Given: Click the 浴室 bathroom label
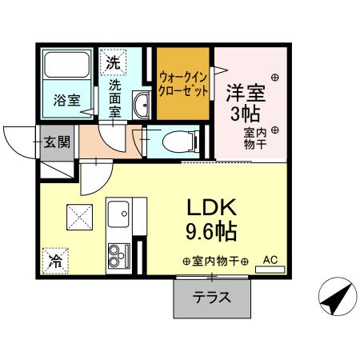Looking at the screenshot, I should click(x=66, y=101).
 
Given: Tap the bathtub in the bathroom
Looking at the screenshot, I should click(x=66, y=66).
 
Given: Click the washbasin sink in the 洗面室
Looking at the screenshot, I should click(x=142, y=104).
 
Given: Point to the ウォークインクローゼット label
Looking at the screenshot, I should click(x=183, y=84).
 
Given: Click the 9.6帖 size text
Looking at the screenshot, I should click(x=211, y=233).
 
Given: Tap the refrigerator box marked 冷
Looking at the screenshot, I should click(x=55, y=259).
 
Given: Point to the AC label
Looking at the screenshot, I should click(x=269, y=259).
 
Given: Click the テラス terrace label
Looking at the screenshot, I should click(x=211, y=298).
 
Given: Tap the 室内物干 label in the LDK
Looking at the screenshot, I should click(x=215, y=261).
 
